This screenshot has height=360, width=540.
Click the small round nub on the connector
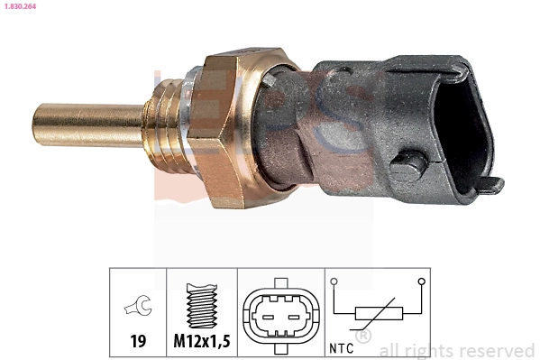(x=410, y=167)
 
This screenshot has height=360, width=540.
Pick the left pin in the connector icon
(x=268, y=316)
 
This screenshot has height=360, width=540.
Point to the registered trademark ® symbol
(x=363, y=337)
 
